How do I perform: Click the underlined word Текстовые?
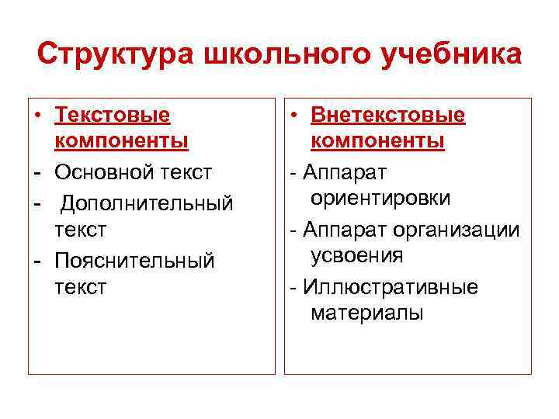pos(112,115)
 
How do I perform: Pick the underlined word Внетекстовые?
pos(387,115)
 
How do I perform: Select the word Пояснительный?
pos(134,259)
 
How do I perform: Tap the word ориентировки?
pos(380,198)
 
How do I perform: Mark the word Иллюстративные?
pos(391,287)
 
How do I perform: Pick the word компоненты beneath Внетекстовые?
pos(377,141)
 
